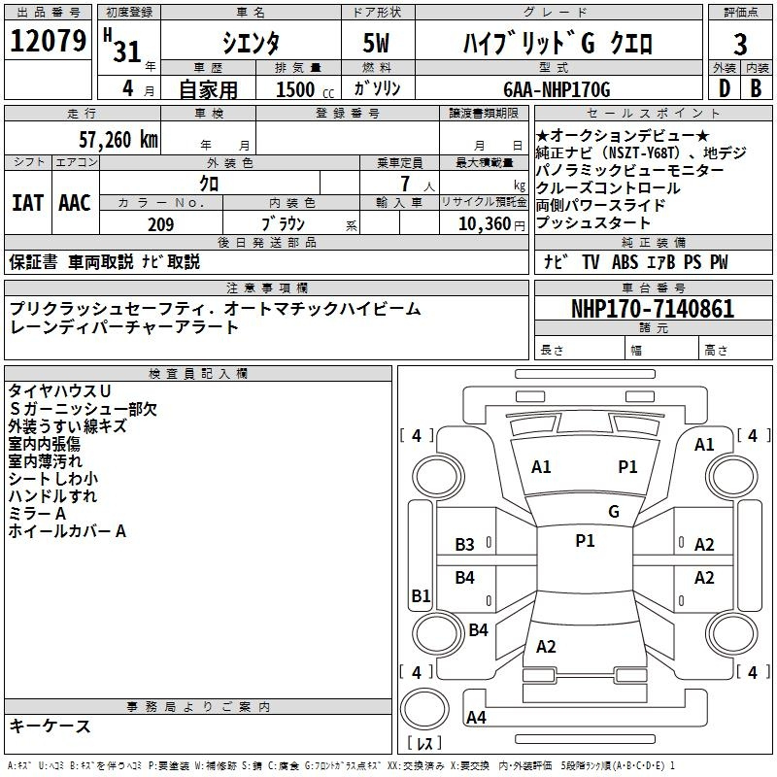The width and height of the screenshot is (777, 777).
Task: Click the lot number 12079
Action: point(48,41)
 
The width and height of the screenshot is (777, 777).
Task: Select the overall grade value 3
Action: point(740,44)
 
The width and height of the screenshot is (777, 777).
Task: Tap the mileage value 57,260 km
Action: point(118,140)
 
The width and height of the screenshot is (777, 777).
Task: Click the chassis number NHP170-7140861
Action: point(653,309)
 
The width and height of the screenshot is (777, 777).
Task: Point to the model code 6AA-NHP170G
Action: point(557,89)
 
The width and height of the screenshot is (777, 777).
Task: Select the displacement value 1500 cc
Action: point(305,89)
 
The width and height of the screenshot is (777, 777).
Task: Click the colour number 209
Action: point(160,224)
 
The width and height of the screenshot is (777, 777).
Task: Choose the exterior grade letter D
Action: point(725,88)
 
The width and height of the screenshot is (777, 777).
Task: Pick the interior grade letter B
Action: point(756,88)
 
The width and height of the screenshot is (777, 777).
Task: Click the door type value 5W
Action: point(376,43)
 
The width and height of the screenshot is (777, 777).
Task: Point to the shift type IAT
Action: point(28,203)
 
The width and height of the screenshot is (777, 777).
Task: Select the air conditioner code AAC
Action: point(75,203)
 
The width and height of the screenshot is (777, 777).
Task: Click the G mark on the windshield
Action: point(614,511)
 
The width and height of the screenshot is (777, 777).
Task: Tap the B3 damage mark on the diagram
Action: point(464,545)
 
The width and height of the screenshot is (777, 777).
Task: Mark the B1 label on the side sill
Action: point(421,595)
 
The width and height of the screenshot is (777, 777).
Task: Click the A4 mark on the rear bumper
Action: point(476,717)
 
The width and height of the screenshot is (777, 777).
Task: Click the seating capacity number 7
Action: point(405,184)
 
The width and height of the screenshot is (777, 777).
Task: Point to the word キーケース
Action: point(50,726)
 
